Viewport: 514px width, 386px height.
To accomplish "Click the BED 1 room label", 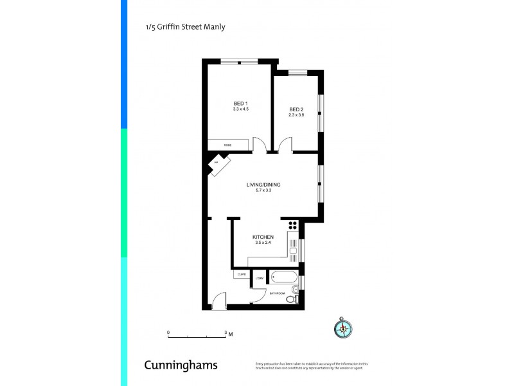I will pyautogui.click(x=240, y=104).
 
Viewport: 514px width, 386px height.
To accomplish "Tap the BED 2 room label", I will pyautogui.click(x=296, y=109).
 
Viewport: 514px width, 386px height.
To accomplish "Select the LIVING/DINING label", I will pyautogui.click(x=263, y=185).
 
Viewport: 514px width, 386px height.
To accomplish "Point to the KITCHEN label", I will pyautogui.click(x=263, y=237).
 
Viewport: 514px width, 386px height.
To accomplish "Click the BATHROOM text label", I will pyautogui.click(x=277, y=293).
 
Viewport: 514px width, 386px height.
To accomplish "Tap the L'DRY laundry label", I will pyautogui.click(x=260, y=278).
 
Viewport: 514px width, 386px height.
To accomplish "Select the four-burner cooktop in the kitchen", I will pyautogui.click(x=293, y=225).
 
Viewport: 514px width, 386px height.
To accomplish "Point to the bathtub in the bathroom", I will pyautogui.click(x=283, y=278).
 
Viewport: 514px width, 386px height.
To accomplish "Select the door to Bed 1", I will pyautogui.click(x=260, y=145).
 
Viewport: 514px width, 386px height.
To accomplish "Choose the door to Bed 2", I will pyautogui.click(x=285, y=145).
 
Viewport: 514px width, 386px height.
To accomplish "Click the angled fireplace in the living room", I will pyautogui.click(x=216, y=164).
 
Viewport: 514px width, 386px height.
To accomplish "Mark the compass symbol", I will pyautogui.click(x=343, y=328).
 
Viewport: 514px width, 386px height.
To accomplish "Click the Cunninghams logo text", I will pyautogui.click(x=181, y=365).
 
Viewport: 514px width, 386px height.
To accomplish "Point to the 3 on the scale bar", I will pyautogui.click(x=226, y=333).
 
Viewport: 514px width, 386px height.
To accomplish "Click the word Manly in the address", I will pyautogui.click(x=214, y=27).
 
